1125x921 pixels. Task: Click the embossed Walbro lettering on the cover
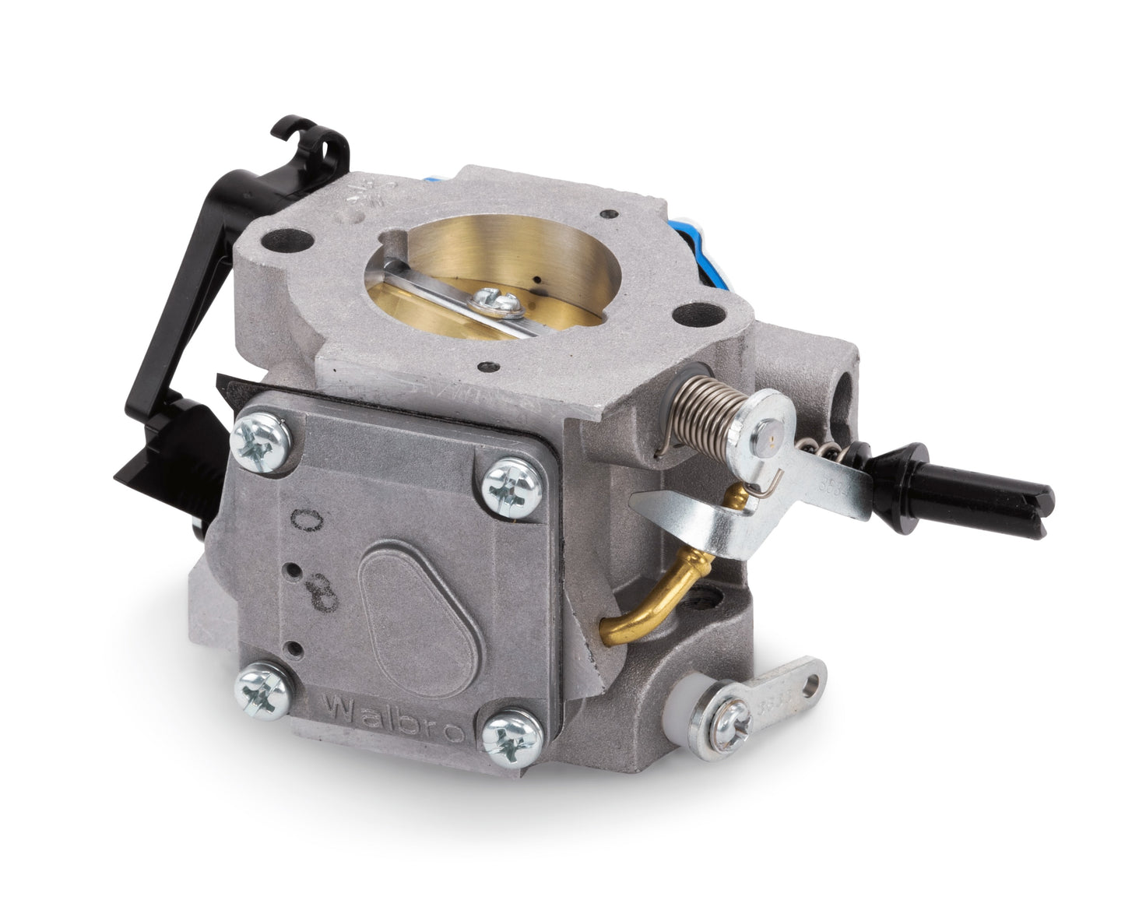(x=392, y=711)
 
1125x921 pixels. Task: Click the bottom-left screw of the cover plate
(x=260, y=684)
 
